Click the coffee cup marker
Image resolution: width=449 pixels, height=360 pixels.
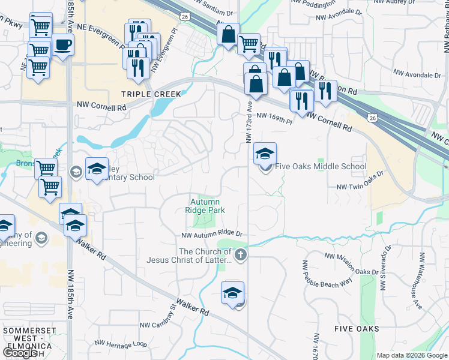click(x=62, y=44)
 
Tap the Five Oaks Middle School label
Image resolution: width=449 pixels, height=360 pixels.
click(x=321, y=167)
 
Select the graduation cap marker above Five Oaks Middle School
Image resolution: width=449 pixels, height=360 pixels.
click(x=265, y=154)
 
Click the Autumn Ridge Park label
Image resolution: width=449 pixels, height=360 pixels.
click(x=205, y=206)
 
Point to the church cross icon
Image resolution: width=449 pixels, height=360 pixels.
click(x=240, y=254)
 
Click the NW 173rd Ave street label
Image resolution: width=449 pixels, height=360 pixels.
click(x=249, y=122)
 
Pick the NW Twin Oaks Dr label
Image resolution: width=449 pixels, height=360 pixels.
click(x=360, y=187)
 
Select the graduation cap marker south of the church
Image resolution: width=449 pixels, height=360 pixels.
click(x=232, y=293)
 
